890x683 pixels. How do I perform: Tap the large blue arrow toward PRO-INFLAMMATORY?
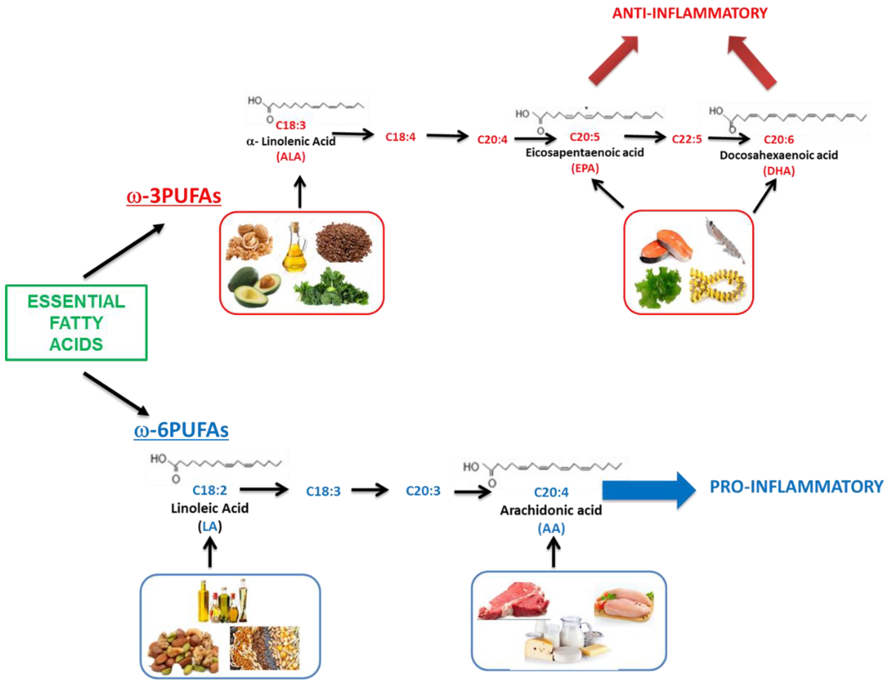click(x=647, y=490)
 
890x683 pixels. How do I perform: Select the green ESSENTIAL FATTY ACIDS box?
click(x=76, y=322)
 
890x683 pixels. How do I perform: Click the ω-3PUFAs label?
click(x=174, y=196)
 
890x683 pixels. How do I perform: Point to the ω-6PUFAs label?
click(x=181, y=430)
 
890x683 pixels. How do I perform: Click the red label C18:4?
click(x=400, y=137)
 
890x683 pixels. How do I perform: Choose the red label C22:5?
click(x=687, y=139)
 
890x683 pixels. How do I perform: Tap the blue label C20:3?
click(x=423, y=491)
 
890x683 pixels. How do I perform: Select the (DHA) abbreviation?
click(x=778, y=171)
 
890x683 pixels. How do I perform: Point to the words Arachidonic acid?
click(x=551, y=510)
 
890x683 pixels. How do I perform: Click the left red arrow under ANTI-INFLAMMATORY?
click(x=613, y=61)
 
